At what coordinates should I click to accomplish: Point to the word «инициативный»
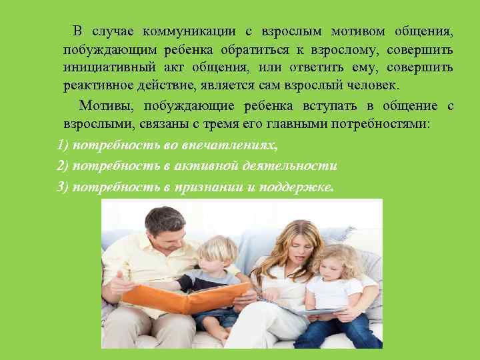(108, 68)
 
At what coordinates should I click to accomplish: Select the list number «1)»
(63, 146)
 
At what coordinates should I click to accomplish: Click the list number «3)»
(63, 186)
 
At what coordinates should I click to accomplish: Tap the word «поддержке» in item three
(297, 186)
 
